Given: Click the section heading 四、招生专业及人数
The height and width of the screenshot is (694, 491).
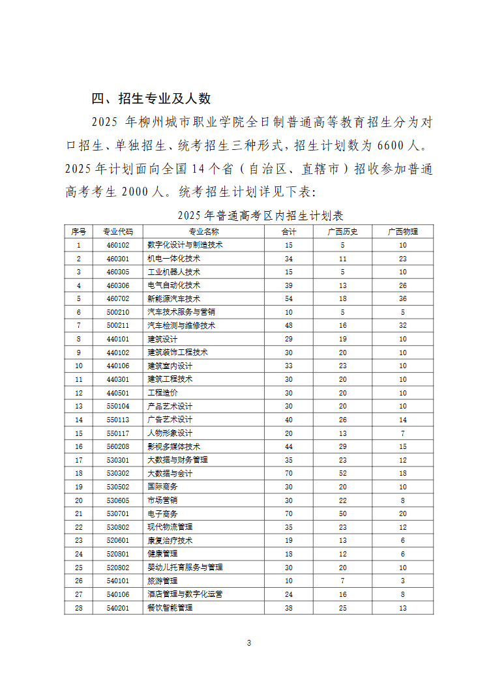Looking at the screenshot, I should [x=151, y=98].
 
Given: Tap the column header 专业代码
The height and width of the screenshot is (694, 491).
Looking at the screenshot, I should [x=118, y=231].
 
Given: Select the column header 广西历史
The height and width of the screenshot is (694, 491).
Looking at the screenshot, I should [x=342, y=231].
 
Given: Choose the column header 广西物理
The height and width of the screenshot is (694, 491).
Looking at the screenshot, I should [x=402, y=231].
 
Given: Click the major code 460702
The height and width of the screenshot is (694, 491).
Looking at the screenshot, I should [x=118, y=298].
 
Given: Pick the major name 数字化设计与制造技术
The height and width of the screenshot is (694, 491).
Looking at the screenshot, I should [x=185, y=245].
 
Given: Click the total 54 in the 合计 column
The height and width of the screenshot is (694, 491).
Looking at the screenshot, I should [x=288, y=298].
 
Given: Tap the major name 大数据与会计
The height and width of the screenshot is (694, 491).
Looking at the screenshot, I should [x=170, y=473].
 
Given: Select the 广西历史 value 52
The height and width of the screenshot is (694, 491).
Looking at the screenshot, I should [x=342, y=473].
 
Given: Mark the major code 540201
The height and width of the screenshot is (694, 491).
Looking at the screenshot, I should [x=118, y=607].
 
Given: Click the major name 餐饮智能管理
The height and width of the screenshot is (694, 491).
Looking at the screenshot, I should [x=170, y=607].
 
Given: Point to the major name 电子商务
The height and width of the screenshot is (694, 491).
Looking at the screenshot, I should [x=163, y=513].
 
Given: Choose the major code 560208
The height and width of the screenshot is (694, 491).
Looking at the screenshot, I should [x=118, y=446].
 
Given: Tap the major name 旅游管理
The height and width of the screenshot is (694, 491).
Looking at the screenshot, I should [x=163, y=581].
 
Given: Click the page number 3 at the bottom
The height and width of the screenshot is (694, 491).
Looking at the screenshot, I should [x=248, y=643].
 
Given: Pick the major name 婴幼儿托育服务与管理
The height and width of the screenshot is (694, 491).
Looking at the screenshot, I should [x=185, y=567].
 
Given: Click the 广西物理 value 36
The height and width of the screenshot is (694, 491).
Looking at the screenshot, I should [x=402, y=298].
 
